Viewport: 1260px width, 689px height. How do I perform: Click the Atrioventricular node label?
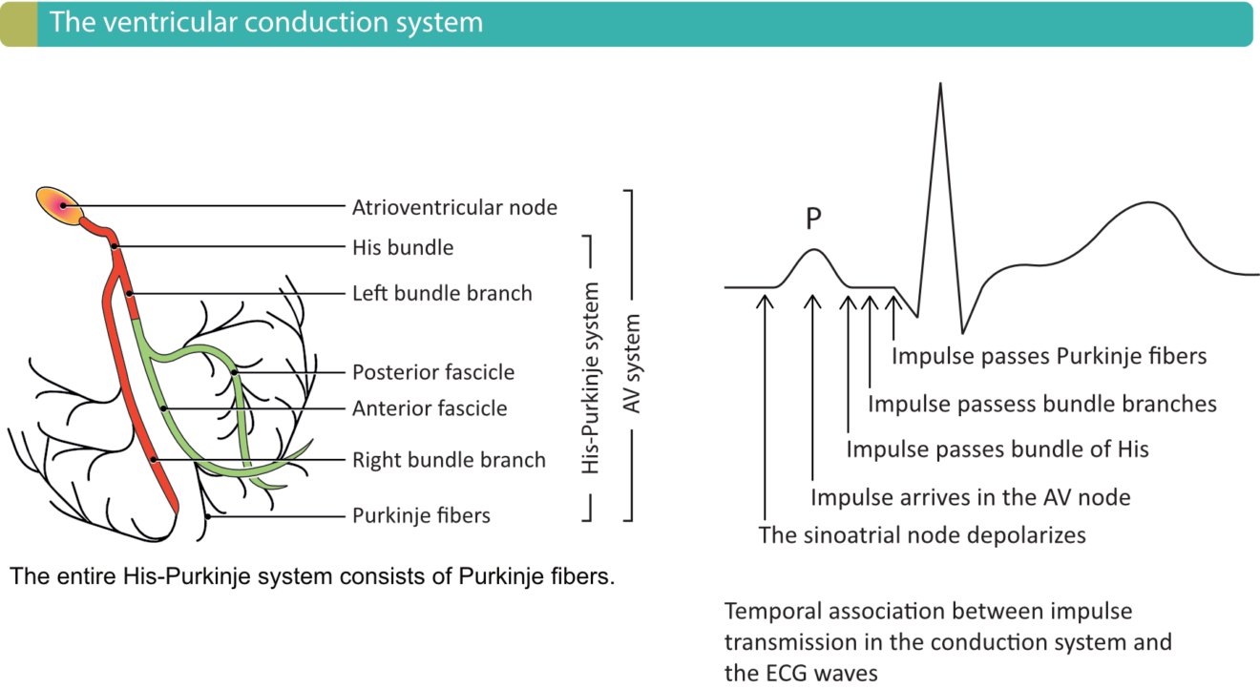454,207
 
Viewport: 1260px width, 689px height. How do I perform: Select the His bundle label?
403,248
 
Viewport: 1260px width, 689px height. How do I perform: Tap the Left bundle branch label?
442,293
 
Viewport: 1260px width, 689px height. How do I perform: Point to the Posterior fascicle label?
433,372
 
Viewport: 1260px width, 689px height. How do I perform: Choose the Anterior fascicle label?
430,409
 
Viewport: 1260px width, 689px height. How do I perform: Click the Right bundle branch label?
449,460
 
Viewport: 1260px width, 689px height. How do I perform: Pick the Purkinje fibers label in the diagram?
421,516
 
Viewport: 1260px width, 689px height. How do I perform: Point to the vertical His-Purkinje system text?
592,378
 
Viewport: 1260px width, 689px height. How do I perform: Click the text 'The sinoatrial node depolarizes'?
922,535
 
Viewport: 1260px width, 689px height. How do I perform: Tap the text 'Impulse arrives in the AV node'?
970,497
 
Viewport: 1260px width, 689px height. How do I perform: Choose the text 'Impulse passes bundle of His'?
997,449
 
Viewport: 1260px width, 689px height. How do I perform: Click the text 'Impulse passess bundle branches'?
1041,405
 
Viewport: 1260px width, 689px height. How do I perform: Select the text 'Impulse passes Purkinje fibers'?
1049,357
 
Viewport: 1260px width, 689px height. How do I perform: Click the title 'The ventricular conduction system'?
266,23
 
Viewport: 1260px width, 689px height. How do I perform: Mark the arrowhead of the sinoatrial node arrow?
765,299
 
